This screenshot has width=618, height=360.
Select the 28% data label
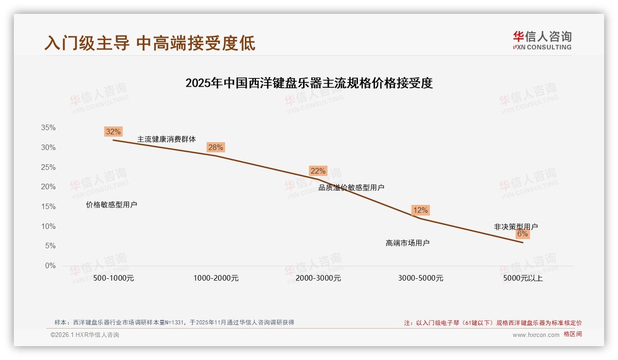215,147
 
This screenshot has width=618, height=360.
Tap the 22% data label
318,171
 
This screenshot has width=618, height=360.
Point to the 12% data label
420,210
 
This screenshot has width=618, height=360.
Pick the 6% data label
522,234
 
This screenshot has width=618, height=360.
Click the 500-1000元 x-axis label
113,278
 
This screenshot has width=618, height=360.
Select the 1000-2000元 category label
216,278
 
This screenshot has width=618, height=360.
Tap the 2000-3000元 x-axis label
318,278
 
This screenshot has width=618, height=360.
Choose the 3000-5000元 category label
421,278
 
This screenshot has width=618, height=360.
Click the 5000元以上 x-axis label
523,278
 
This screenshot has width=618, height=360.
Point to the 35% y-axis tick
48,128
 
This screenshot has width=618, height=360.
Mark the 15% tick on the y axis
48,207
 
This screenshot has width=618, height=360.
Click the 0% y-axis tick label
50,266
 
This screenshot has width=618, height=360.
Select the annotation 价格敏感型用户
112,204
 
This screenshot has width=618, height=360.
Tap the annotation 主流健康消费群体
166,139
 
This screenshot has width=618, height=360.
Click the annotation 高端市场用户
408,243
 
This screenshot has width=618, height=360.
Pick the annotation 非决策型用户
516,227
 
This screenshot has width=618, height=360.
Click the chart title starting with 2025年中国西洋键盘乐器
309,83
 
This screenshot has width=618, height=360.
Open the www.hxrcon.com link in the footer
536,335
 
